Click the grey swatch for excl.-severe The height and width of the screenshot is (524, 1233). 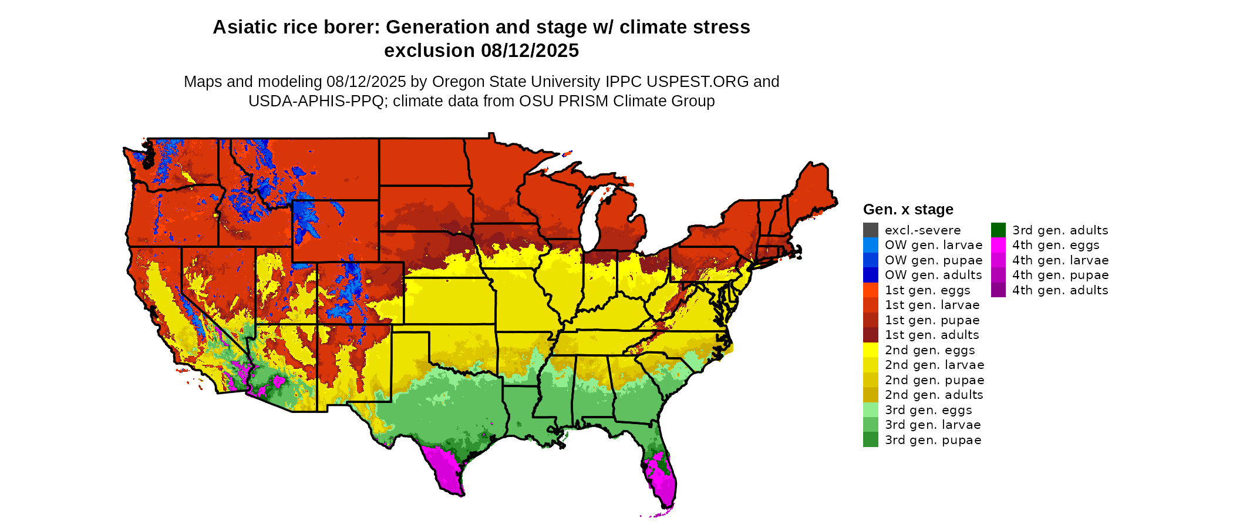(871, 230)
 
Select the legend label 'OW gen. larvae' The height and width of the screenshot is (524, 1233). (934, 245)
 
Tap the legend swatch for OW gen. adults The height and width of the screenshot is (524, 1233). (871, 275)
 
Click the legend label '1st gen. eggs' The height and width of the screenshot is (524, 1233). (928, 290)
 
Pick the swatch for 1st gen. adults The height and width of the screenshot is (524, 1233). (871, 335)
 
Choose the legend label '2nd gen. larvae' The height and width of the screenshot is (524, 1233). (935, 365)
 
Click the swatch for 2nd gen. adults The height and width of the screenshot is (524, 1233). (871, 395)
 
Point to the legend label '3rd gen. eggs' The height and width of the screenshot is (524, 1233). (928, 410)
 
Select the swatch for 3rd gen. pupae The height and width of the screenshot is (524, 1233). (871, 440)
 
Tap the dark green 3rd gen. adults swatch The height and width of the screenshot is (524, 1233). (998, 230)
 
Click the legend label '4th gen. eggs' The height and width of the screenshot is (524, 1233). (1056, 245)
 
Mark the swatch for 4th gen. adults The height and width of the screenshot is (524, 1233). (998, 290)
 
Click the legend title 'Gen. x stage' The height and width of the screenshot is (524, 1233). (908, 209)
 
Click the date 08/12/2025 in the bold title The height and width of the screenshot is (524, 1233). (530, 51)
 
